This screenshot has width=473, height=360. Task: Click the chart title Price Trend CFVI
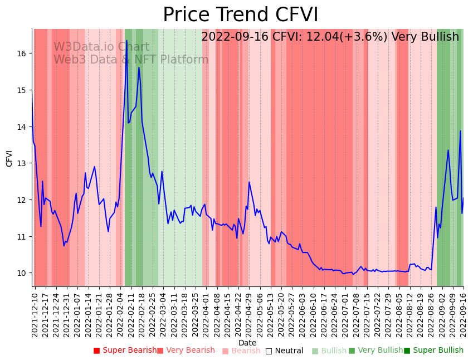pyautogui.click(x=240, y=15)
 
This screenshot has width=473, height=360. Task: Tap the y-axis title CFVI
pyautogui.click(x=9, y=158)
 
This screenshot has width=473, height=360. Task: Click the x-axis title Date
pyautogui.click(x=247, y=343)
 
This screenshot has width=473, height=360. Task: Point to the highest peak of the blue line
pyautogui.click(x=126, y=41)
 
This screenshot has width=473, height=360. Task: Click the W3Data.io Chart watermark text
pyautogui.click(x=101, y=47)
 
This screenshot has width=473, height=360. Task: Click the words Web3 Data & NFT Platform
pyautogui.click(x=131, y=60)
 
